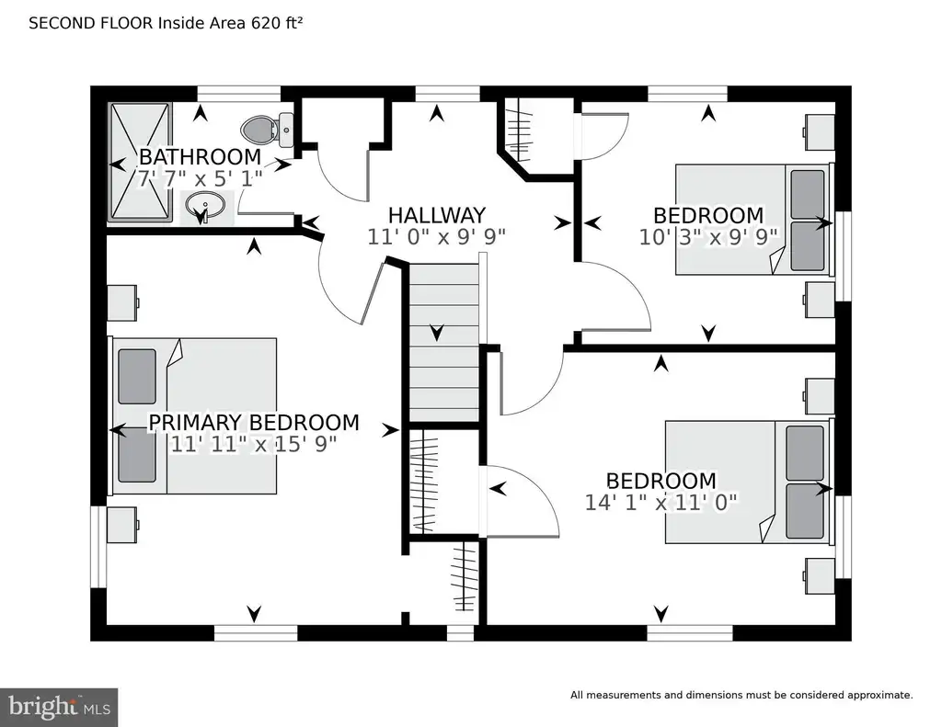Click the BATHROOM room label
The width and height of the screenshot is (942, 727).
click(x=200, y=156)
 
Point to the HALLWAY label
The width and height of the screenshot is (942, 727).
click(x=437, y=215)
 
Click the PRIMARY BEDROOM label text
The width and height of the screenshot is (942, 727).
click(x=254, y=422)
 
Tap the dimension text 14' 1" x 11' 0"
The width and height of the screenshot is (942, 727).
click(x=661, y=502)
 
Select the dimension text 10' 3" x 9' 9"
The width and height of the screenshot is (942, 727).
click(x=708, y=236)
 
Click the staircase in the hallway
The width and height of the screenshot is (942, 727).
click(x=444, y=342)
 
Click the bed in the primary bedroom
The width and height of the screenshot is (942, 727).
click(x=192, y=415)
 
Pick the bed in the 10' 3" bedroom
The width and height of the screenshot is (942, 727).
click(x=755, y=219)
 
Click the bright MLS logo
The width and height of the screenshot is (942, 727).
click(x=59, y=706)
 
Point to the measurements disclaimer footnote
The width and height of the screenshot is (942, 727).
click(x=741, y=695)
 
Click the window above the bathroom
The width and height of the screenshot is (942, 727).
click(x=239, y=94)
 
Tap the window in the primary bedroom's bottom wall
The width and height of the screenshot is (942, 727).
click(x=256, y=632)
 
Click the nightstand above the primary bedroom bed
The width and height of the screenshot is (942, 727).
click(x=122, y=302)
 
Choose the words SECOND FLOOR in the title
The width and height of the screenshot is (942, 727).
click(x=91, y=23)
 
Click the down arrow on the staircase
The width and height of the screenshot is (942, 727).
click(x=437, y=332)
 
